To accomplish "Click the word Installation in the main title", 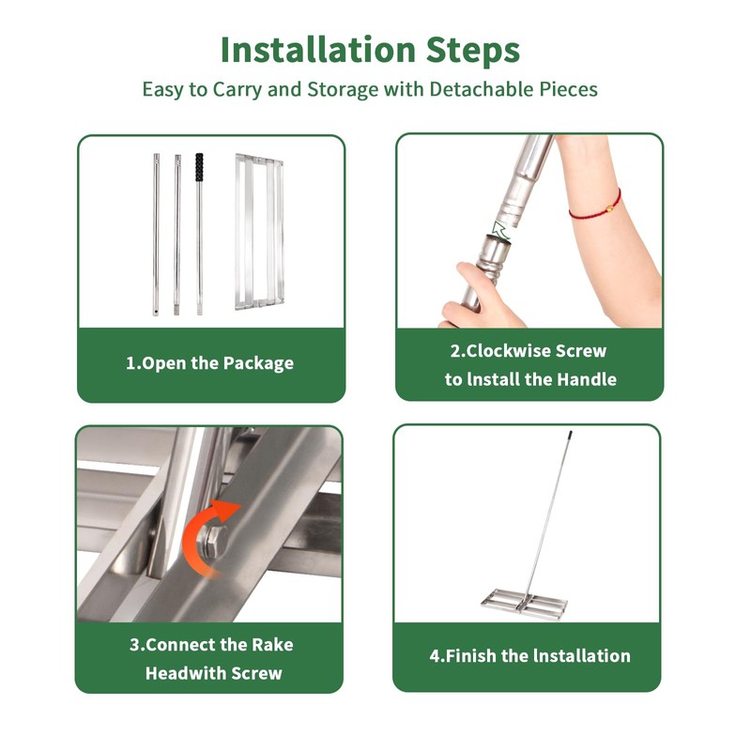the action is [317, 50].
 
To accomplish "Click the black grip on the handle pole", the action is [199, 167].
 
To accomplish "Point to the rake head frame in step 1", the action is [259, 232].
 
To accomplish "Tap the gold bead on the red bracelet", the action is [608, 208].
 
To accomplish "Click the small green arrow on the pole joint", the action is [501, 229].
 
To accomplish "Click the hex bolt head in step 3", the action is [214, 542].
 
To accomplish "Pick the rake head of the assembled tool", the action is [525, 605].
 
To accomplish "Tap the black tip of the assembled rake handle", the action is [570, 435].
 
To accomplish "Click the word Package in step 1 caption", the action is [258, 363].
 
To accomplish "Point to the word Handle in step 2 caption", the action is [587, 380].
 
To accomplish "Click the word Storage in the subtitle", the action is [343, 90].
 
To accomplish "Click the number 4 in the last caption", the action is [435, 655].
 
